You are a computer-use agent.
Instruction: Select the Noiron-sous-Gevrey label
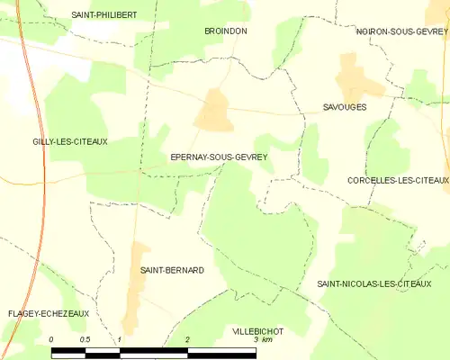pyautogui.click(x=401, y=31)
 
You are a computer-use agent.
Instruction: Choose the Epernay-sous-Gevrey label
pyautogui.click(x=219, y=157)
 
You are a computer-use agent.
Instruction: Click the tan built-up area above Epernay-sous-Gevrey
pyautogui.click(x=214, y=111)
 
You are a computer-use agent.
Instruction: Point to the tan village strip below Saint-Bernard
pyautogui.click(x=137, y=292)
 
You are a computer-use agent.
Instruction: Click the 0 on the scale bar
pyautogui.click(x=52, y=339)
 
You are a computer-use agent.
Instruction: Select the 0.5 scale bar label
pyautogui.click(x=85, y=339)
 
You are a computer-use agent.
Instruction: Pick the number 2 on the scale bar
pyautogui.click(x=186, y=339)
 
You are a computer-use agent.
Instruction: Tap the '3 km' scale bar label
pyautogui.click(x=262, y=339)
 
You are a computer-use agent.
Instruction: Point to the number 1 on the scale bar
pyautogui.click(x=119, y=339)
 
